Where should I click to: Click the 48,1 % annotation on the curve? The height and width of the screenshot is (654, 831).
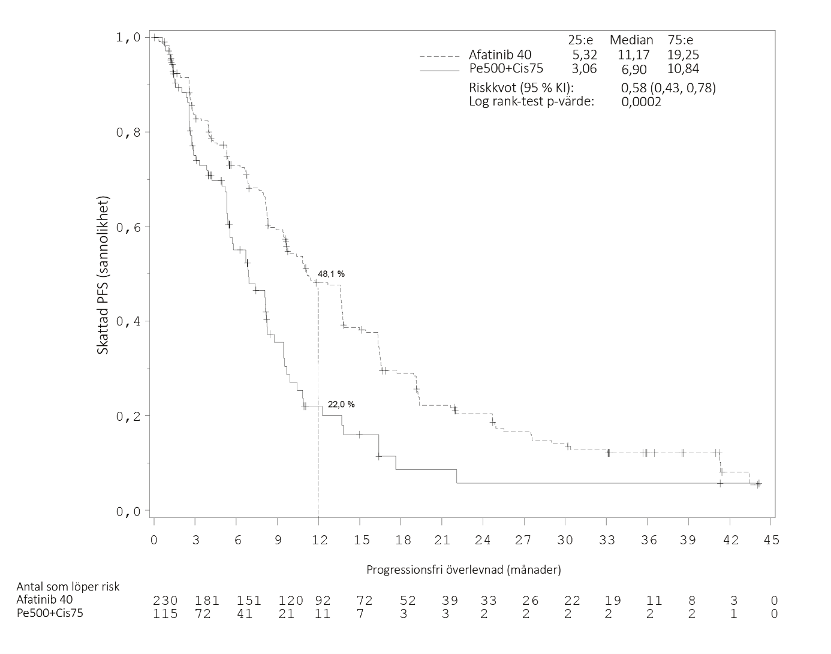coord(331,274)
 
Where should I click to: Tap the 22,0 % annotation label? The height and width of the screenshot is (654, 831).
coord(341,405)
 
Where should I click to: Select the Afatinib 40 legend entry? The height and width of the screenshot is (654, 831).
coord(499,55)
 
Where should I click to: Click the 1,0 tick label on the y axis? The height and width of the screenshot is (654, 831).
coord(128,38)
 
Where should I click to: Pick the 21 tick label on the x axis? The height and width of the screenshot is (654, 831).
coord(442,540)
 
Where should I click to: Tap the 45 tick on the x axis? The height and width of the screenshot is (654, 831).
coord(772,540)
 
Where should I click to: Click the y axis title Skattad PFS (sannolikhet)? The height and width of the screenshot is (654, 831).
coord(103,275)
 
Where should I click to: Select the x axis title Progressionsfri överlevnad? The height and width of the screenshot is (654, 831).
coord(463,570)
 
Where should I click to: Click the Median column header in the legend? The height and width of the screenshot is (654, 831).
coord(631,40)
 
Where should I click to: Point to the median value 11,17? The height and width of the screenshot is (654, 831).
coord(634,55)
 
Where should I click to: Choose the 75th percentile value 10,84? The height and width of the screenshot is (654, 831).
coord(683,68)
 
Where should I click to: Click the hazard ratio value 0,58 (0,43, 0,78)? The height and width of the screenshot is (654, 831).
coord(669,88)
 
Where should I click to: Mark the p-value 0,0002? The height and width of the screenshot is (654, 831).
coord(642,101)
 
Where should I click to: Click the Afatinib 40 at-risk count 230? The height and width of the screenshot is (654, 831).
coord(165,601)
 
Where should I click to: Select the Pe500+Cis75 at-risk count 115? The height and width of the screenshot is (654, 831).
coord(165,614)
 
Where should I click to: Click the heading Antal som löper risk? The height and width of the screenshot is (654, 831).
coord(68,586)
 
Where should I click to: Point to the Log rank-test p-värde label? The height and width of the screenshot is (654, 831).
coord(531,101)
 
